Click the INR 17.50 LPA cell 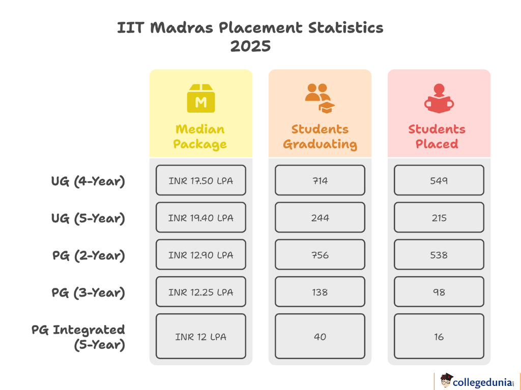(x=200, y=180)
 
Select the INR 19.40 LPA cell (x=200, y=217)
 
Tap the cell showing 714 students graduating (x=320, y=180)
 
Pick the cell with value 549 (x=439, y=180)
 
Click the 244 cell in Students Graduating (x=320, y=217)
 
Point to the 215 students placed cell (x=439, y=217)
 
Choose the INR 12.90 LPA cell (x=200, y=254)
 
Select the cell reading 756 (x=320, y=254)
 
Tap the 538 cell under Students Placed (x=439, y=254)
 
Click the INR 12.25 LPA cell (x=200, y=291)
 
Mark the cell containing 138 (x=320, y=291)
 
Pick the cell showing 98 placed (x=439, y=291)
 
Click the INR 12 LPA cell (x=200, y=336)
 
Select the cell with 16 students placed (x=439, y=336)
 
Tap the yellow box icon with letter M (x=201, y=99)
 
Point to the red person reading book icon (x=439, y=99)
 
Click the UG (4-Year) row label (x=88, y=181)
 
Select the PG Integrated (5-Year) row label (x=79, y=337)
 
